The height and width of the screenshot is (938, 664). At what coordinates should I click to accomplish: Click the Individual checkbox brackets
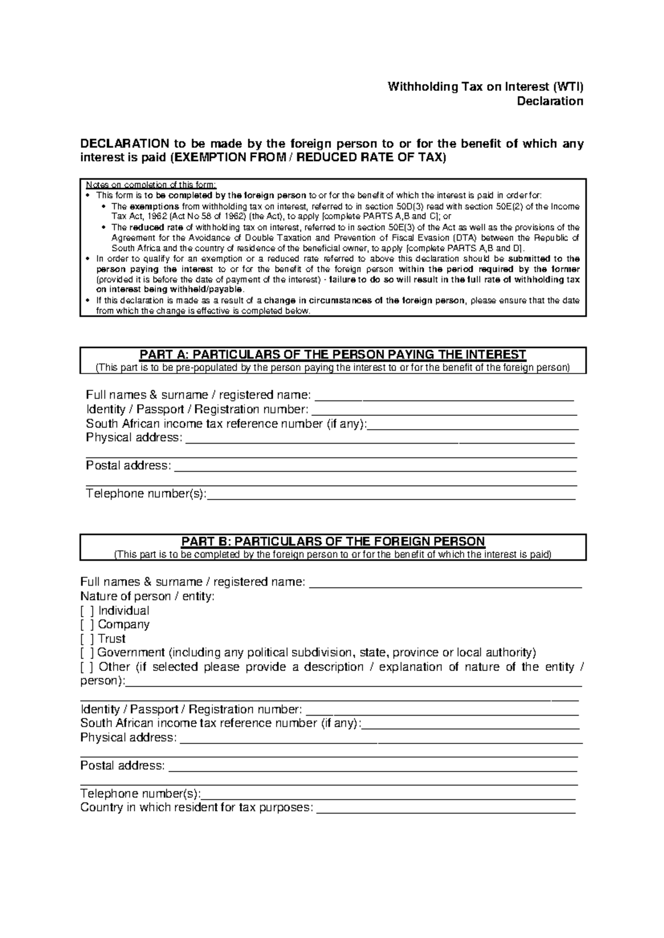pyautogui.click(x=87, y=611)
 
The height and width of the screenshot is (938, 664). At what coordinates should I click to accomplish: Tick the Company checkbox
pyautogui.click(x=87, y=625)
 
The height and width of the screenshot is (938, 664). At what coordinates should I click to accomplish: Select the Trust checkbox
pyautogui.click(x=87, y=639)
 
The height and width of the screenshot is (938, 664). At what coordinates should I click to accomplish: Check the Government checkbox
pyautogui.click(x=87, y=653)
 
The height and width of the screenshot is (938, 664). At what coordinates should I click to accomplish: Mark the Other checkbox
pyautogui.click(x=87, y=667)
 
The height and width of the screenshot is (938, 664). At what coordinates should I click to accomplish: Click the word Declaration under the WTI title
pyautogui.click(x=549, y=101)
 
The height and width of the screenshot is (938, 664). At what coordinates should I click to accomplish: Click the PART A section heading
pyautogui.click(x=333, y=355)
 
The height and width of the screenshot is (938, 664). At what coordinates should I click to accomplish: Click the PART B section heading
pyautogui.click(x=333, y=541)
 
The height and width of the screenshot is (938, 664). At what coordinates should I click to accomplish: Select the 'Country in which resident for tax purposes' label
pyautogui.click(x=196, y=807)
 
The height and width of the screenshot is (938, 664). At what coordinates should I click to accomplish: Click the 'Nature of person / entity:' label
pyautogui.click(x=147, y=597)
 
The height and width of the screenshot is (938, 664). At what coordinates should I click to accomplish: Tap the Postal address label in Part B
pyautogui.click(x=122, y=766)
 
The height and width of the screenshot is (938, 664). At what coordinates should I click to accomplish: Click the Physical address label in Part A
pyautogui.click(x=133, y=437)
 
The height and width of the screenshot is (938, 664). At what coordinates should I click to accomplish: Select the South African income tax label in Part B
pyautogui.click(x=220, y=723)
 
